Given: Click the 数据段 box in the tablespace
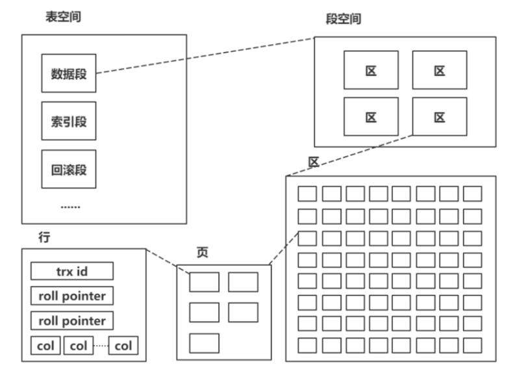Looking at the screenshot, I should pyautogui.click(x=68, y=73).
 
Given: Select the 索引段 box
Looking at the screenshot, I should pyautogui.click(x=68, y=121).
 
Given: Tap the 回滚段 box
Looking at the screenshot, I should pyautogui.click(x=68, y=170).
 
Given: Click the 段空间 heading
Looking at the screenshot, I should pyautogui.click(x=343, y=19).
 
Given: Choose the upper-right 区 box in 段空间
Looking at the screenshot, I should pyautogui.click(x=440, y=70).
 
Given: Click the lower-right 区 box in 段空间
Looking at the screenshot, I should pyautogui.click(x=440, y=117).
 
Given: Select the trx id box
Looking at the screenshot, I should pyautogui.click(x=72, y=271).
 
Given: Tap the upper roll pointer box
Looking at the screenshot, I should pyautogui.click(x=72, y=296).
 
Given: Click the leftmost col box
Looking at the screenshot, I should pyautogui.click(x=45, y=346).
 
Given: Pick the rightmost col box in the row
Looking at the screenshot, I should pyautogui.click(x=123, y=346).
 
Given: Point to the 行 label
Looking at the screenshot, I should pyautogui.click(x=44, y=238).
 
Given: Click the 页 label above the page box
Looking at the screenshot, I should pyautogui.click(x=203, y=251).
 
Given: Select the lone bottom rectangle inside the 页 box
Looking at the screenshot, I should pyautogui.click(x=204, y=342).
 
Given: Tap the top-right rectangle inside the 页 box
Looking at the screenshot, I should pyautogui.click(x=243, y=282).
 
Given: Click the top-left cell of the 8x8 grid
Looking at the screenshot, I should pyautogui.click(x=307, y=194).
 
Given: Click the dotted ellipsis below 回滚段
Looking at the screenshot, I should pyautogui.click(x=70, y=207).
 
